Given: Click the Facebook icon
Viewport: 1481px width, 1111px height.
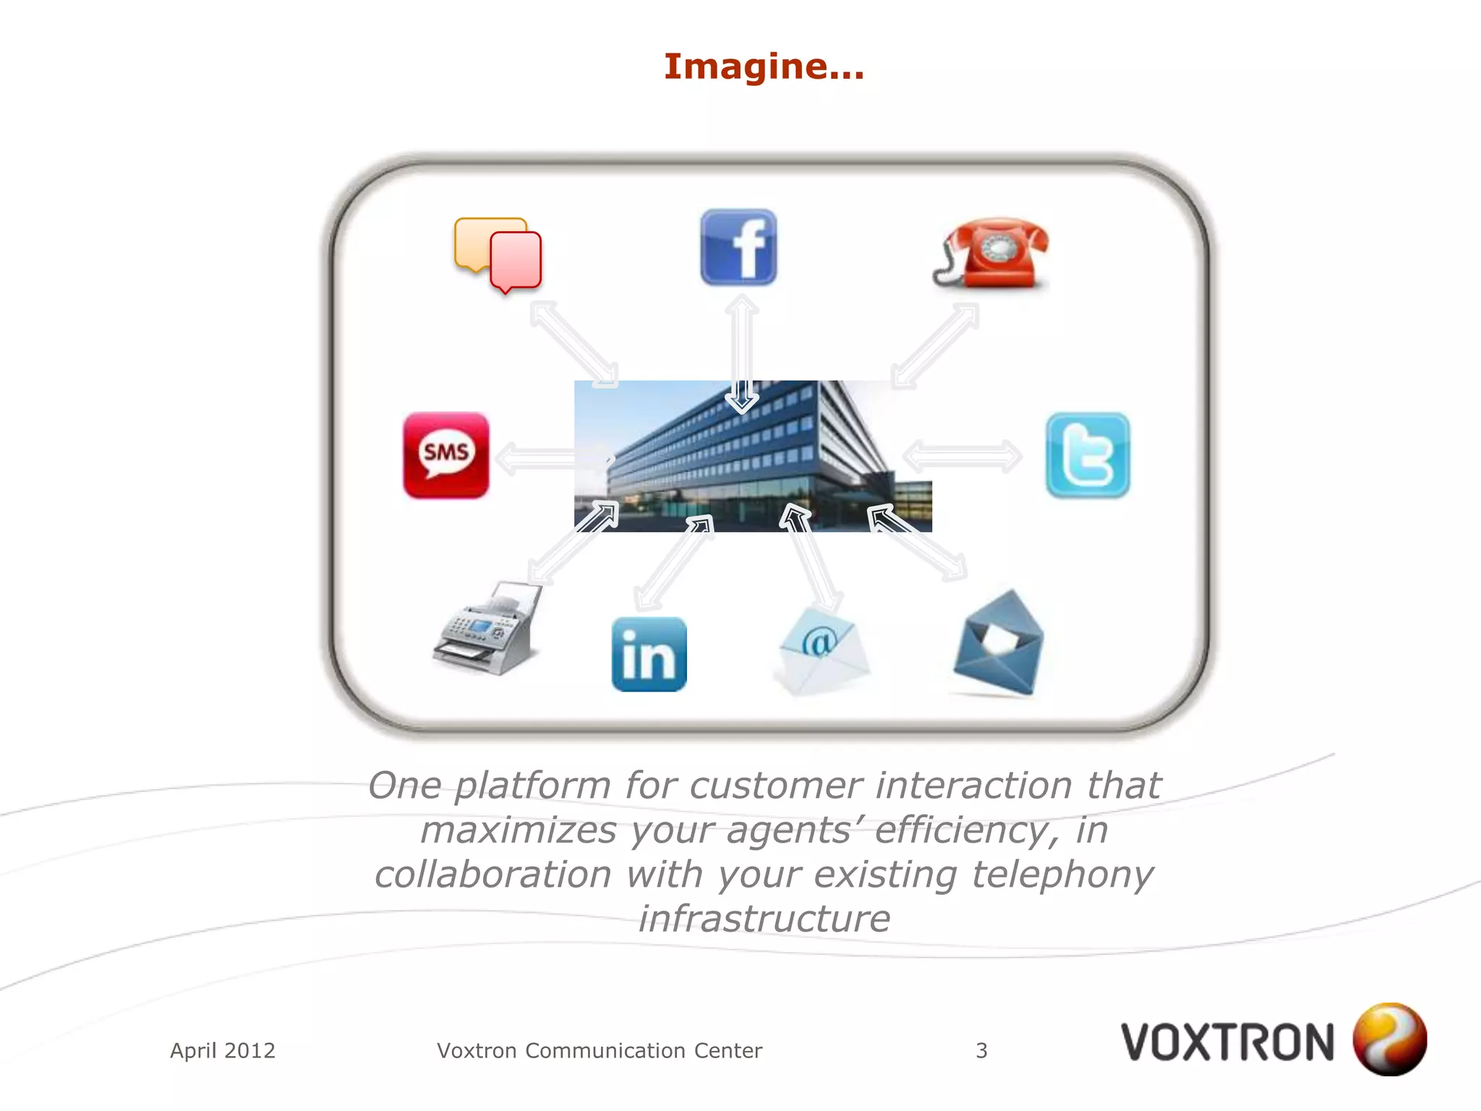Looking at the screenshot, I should tap(738, 247).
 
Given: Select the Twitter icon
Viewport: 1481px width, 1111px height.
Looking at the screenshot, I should tap(1088, 455).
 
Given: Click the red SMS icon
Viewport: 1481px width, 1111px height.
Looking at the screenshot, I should tap(445, 455).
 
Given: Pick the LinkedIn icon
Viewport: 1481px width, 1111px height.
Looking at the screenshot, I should tap(649, 654).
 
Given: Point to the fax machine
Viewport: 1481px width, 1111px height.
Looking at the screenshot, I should tap(489, 629).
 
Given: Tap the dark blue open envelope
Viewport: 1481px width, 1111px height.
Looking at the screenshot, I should tap(999, 643).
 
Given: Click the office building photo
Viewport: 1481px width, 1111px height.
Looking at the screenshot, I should tap(752, 456).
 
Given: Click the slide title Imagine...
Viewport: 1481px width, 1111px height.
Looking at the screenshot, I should tap(764, 67).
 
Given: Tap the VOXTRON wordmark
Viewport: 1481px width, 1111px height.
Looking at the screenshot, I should tap(1227, 1042).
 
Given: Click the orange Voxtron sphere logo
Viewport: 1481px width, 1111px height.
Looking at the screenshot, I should tap(1389, 1039).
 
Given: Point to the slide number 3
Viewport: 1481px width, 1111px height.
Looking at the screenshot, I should tap(981, 1050).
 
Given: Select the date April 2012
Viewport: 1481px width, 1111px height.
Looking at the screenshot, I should tap(223, 1050).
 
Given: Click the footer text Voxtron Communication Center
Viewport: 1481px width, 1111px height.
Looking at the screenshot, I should tap(599, 1050).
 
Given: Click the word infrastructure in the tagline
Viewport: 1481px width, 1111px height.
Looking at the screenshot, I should tap(764, 919).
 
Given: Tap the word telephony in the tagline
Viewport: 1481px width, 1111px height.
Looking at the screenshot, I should tap(1062, 874).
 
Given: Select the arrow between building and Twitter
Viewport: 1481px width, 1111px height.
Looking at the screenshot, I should tap(963, 456).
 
